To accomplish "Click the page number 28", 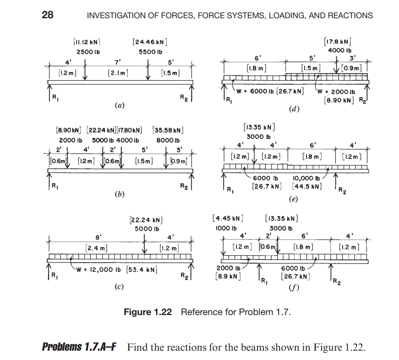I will [47, 15].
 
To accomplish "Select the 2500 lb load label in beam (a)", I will [88, 52].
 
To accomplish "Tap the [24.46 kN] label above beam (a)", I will [149, 42].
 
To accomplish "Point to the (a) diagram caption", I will [120, 104].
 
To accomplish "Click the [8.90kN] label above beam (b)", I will [70, 130].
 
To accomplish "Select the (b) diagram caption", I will [120, 194].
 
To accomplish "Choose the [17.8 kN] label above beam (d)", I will [338, 42].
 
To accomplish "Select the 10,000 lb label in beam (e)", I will [307, 178].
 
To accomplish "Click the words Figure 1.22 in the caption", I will [148, 313].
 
